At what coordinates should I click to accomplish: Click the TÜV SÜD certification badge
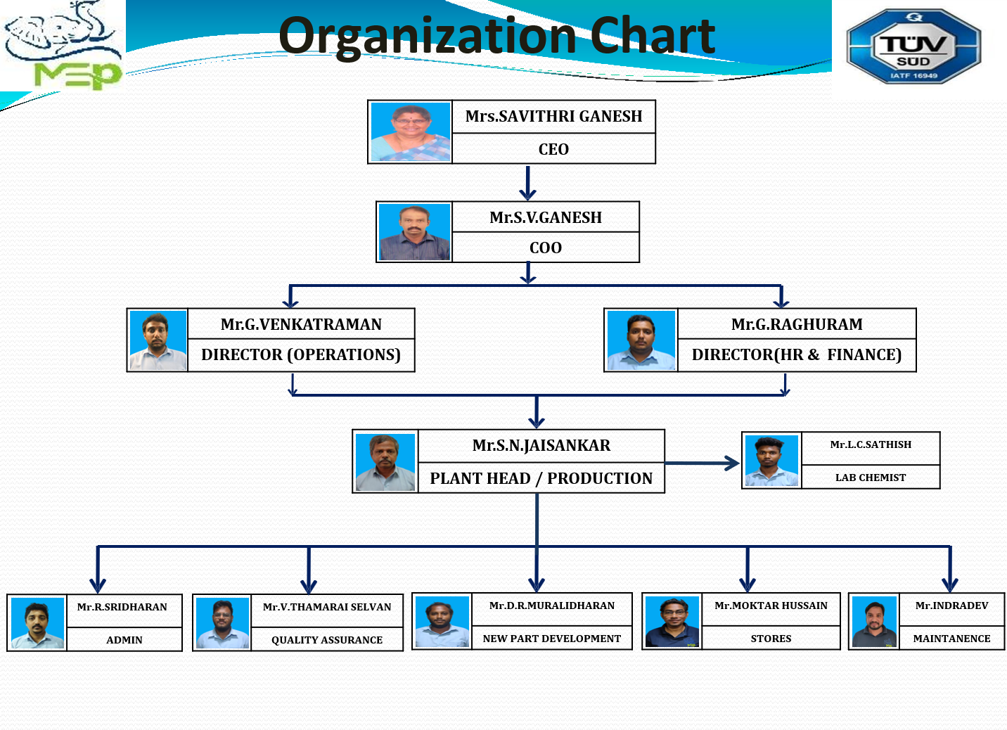click(913, 46)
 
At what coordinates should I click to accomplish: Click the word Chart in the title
click(653, 35)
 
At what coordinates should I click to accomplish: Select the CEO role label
click(553, 149)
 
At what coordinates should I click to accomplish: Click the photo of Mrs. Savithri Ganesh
click(411, 132)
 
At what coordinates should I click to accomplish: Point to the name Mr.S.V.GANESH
click(545, 217)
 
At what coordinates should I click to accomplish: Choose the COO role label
click(545, 248)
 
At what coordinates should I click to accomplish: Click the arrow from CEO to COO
click(528, 183)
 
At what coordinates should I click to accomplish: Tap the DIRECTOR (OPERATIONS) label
click(301, 354)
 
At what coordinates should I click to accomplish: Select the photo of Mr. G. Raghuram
click(641, 340)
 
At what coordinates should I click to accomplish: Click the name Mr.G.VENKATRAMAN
click(301, 324)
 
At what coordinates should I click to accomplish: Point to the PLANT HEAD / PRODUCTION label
click(541, 478)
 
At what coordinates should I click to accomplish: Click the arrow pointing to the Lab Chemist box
click(702, 463)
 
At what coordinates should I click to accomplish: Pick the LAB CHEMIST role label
click(871, 478)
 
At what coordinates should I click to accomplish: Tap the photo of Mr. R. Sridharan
click(37, 622)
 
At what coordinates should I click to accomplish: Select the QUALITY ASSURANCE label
click(327, 640)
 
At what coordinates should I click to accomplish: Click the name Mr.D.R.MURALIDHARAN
click(551, 606)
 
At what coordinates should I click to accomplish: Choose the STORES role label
click(771, 639)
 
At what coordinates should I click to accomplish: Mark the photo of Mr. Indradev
click(874, 622)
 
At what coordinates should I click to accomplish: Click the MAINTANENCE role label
click(951, 639)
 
